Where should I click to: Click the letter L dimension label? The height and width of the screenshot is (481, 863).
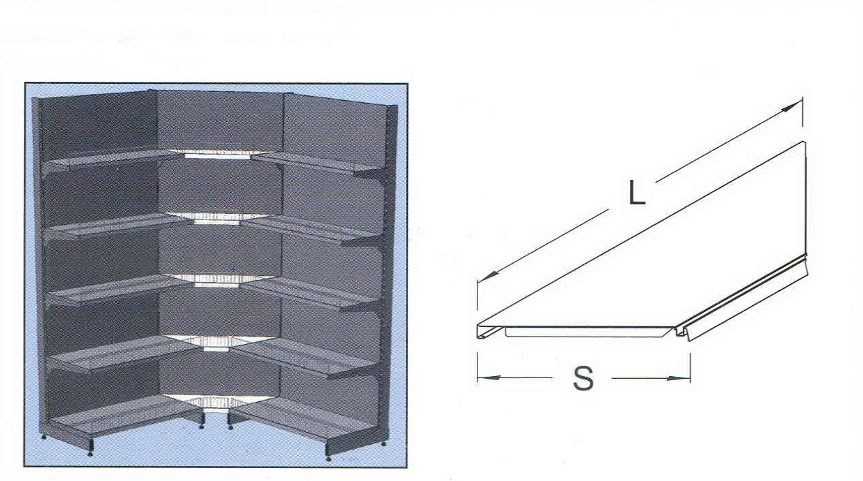point(637,193)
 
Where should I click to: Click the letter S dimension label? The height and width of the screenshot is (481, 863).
point(583,378)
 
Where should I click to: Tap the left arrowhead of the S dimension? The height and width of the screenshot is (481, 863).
point(488,377)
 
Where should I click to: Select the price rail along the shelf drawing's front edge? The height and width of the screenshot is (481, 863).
point(742,300)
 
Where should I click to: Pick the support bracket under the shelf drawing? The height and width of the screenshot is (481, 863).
point(589,332)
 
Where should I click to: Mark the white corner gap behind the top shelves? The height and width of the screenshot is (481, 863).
point(218,154)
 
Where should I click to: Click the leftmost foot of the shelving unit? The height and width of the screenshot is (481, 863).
point(44,437)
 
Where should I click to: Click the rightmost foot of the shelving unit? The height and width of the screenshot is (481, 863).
point(383,444)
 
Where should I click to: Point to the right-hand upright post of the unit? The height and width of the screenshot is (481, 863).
point(392,270)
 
